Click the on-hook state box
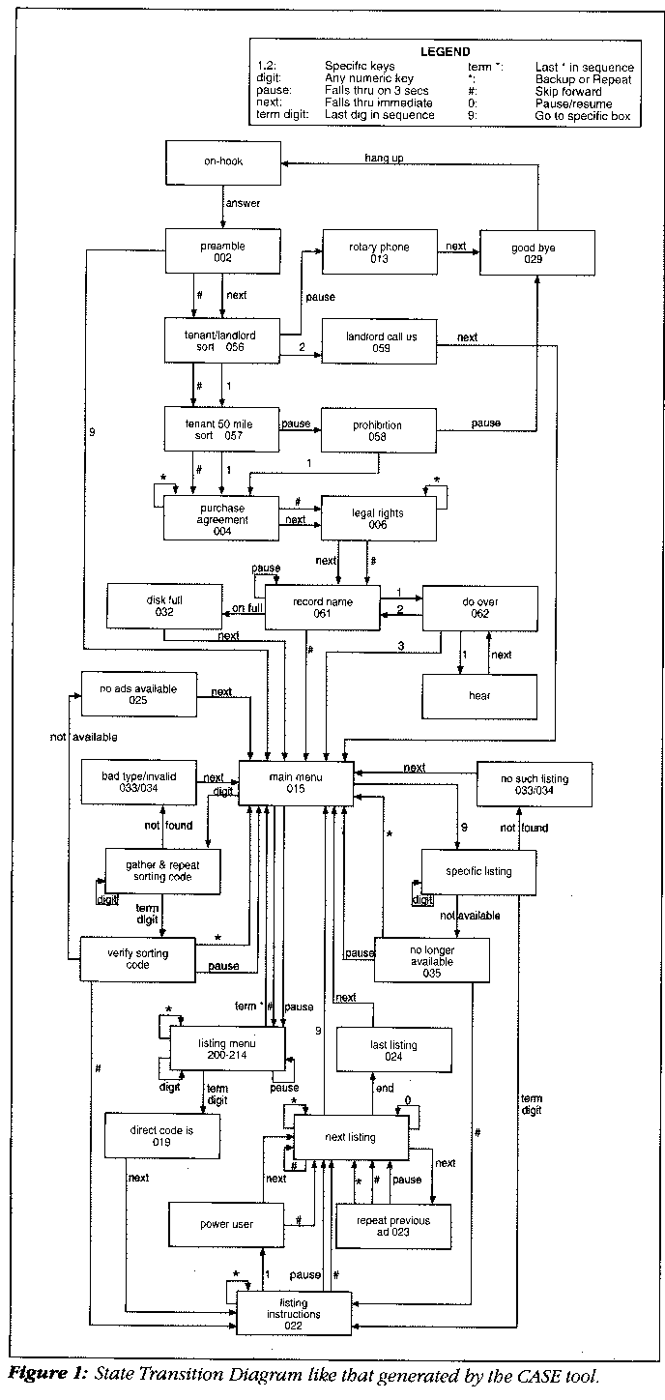tap(222, 163)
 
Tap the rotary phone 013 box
tap(378, 253)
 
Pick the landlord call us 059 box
tap(378, 342)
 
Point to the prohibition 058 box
tap(378, 431)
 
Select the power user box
tap(226, 1225)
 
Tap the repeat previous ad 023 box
tap(392, 1226)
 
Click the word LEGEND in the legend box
tap(445, 51)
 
